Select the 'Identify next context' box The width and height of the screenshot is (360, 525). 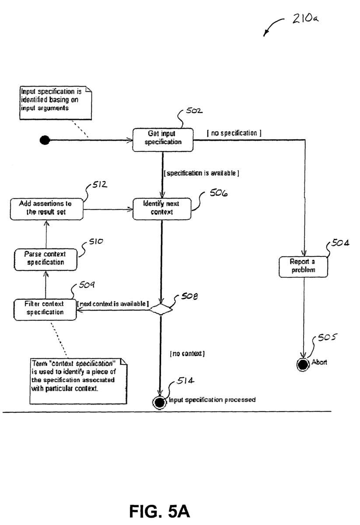tap(162, 208)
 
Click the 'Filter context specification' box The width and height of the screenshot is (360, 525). tap(45, 308)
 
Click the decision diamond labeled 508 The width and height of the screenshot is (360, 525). tap(161, 309)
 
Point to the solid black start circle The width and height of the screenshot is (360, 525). tap(44, 140)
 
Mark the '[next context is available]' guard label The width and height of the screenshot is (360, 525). tap(113, 303)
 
